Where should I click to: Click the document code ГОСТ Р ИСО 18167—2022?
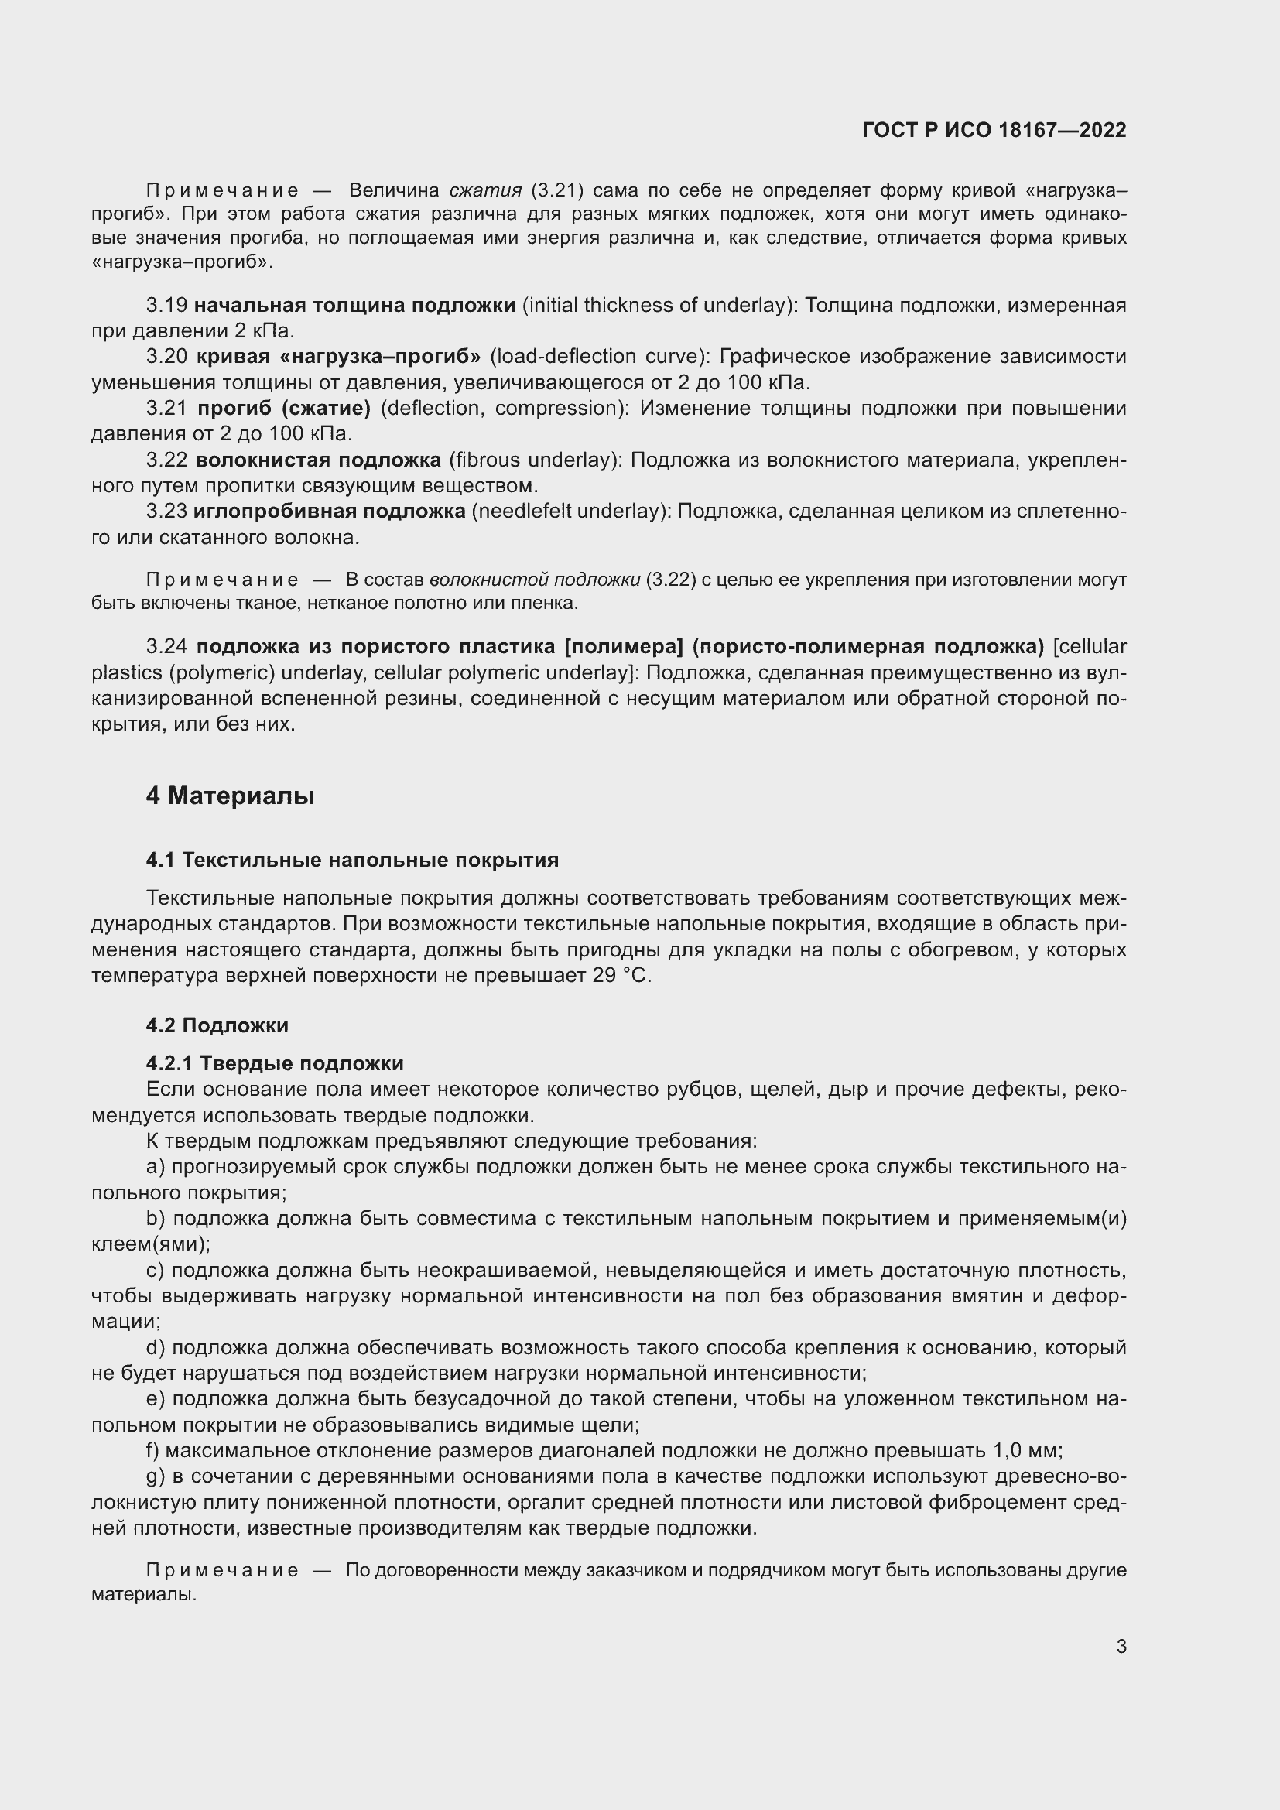point(994,130)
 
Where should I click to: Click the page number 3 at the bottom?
point(1121,1646)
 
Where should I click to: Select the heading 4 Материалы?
point(230,796)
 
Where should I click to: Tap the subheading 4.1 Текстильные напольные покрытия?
point(352,860)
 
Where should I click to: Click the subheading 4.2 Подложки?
point(217,1025)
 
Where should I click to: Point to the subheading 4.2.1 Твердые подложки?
point(275,1063)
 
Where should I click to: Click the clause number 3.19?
point(166,306)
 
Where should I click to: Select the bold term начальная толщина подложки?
point(354,306)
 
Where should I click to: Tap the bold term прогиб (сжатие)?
point(284,409)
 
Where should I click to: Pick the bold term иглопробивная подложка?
point(330,512)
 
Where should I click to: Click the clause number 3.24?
point(166,647)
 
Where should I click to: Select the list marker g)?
point(156,1476)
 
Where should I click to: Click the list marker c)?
point(156,1271)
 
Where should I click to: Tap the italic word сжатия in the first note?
point(485,191)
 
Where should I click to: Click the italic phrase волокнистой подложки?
point(535,580)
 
